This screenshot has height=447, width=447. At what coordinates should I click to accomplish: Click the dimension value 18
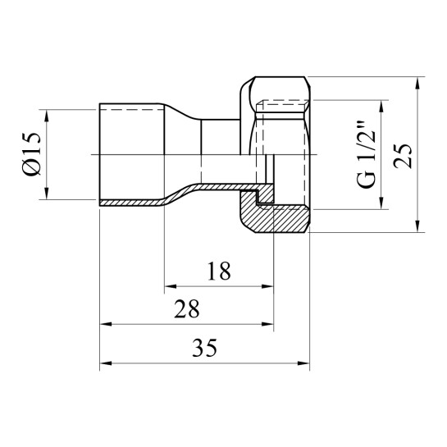coord(217,270)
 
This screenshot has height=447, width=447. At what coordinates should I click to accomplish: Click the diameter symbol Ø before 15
coord(32,169)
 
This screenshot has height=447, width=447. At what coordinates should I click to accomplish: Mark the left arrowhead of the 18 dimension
coord(171,287)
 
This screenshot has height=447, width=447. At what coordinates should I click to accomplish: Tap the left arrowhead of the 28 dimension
coord(105,325)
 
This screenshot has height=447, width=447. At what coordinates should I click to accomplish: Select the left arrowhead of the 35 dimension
coord(105,364)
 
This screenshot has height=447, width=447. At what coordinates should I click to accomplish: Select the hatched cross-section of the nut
coord(279,215)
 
